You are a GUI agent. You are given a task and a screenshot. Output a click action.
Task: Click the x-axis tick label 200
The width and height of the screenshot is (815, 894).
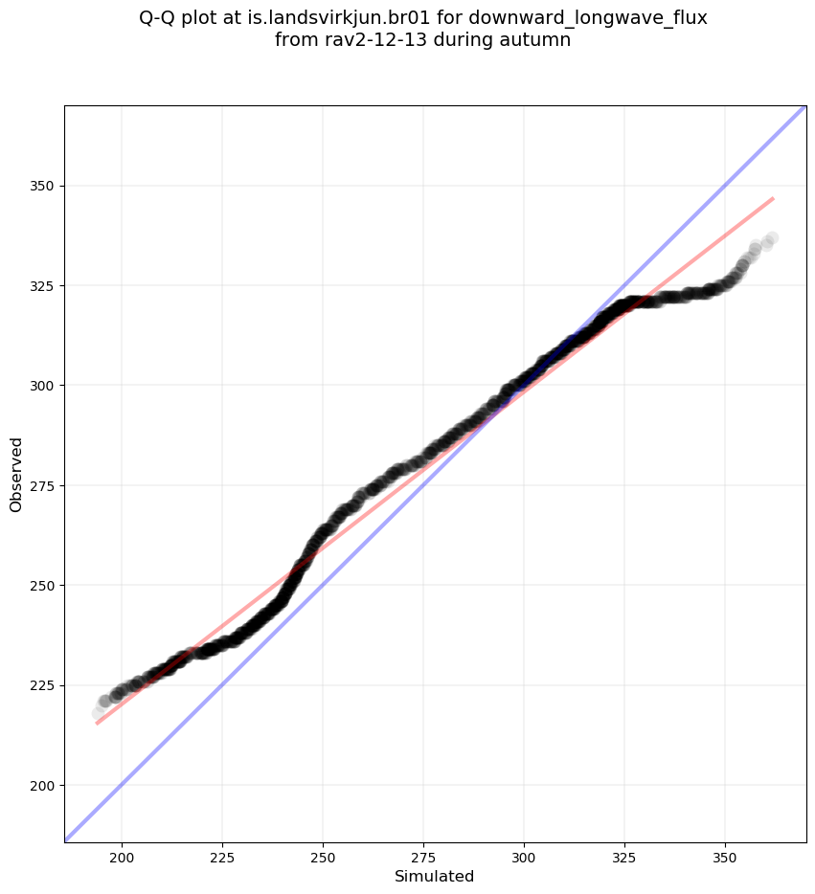[x=122, y=856]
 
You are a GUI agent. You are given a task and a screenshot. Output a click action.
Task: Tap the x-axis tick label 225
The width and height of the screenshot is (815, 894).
[x=222, y=856]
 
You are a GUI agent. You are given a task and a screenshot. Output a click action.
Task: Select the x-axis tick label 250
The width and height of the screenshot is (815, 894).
[x=323, y=856]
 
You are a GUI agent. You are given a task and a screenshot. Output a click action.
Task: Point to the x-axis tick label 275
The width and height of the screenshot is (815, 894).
[x=423, y=856]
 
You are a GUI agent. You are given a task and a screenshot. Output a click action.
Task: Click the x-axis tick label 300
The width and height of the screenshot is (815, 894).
[x=524, y=856]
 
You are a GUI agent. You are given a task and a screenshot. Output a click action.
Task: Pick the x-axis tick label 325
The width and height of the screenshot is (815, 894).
[x=624, y=856]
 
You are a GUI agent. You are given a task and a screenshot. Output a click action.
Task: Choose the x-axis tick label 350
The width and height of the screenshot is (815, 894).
[x=725, y=856]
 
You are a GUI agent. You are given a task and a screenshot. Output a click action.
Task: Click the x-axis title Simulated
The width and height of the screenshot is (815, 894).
[x=435, y=876]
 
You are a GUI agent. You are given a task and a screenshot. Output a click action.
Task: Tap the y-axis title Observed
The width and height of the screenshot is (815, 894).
[x=16, y=474]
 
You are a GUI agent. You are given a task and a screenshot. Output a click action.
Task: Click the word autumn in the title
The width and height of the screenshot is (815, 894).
[x=539, y=40]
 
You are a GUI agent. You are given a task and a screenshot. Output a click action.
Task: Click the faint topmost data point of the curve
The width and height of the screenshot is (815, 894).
[x=771, y=237]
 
